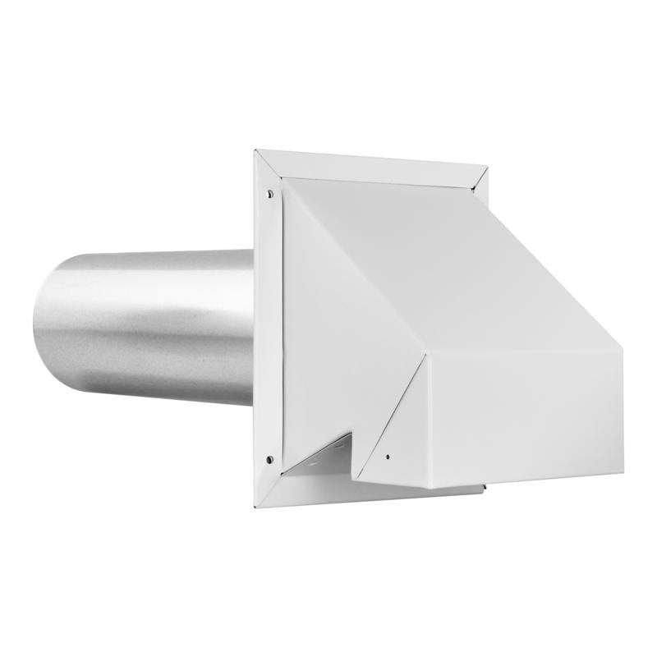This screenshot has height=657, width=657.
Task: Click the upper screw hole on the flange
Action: [x=269, y=194]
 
